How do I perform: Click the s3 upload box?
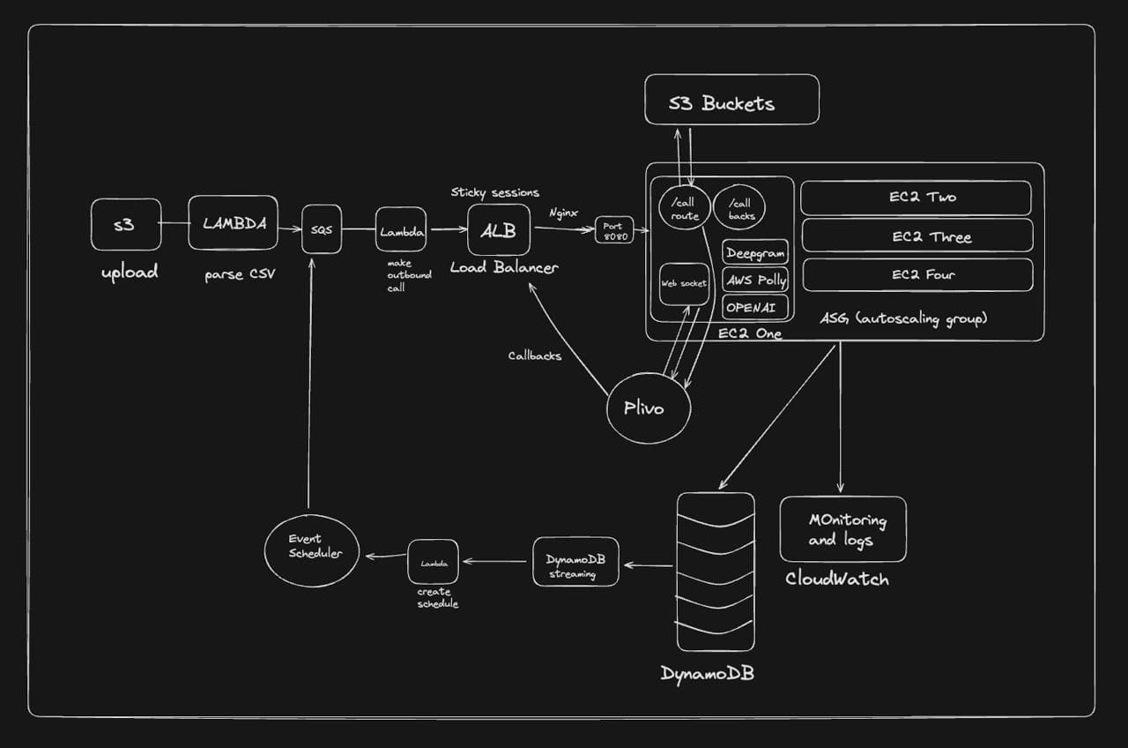(x=126, y=224)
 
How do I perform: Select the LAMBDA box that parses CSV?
(x=233, y=222)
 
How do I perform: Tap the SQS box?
(x=322, y=229)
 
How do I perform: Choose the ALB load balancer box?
(x=499, y=230)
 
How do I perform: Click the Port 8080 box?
(x=614, y=229)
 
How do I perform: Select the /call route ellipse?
(x=684, y=209)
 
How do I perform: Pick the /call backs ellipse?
(x=739, y=208)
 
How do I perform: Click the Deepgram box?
(x=755, y=252)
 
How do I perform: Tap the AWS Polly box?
(x=755, y=280)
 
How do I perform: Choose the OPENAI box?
(x=755, y=307)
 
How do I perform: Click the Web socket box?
(x=685, y=283)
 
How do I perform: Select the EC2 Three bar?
(x=916, y=236)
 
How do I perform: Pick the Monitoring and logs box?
(x=842, y=528)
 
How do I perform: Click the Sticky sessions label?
(x=494, y=192)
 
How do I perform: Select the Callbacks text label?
(x=534, y=356)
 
